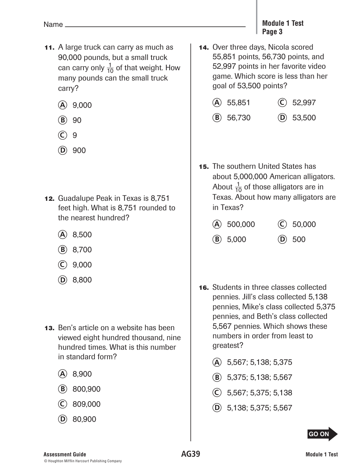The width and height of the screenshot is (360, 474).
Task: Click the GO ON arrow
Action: pyautogui.click(x=322, y=434)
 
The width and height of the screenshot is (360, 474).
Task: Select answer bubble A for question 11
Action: pyautogui.click(x=63, y=105)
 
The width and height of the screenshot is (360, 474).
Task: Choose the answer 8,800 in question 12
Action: pyautogui.click(x=82, y=280)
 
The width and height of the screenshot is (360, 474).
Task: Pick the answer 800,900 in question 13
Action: pyautogui.click(x=86, y=389)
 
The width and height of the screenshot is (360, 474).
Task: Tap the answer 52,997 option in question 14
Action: pyautogui.click(x=304, y=103)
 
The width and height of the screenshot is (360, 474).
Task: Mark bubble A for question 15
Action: pyautogui.click(x=217, y=224)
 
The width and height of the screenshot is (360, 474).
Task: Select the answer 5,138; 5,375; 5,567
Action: pyautogui.click(x=259, y=408)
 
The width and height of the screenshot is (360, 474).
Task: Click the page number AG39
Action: pyautogui.click(x=190, y=454)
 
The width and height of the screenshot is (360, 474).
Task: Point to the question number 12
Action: pyautogui.click(x=49, y=199)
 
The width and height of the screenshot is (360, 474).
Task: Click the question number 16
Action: pyautogui.click(x=204, y=288)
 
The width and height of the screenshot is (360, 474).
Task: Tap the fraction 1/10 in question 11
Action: pyautogui.click(x=110, y=68)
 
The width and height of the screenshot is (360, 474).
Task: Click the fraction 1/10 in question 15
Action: pyautogui.click(x=238, y=187)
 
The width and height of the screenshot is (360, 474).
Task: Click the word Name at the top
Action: pyautogui.click(x=53, y=25)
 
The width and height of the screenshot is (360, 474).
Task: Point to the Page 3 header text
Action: pyautogui.click(x=272, y=32)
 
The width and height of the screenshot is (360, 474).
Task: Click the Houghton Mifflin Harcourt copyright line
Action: pyautogui.click(x=83, y=461)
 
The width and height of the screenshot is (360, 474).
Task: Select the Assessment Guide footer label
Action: pyautogui.click(x=65, y=455)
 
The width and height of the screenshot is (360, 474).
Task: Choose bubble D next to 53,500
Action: pyautogui.click(x=282, y=118)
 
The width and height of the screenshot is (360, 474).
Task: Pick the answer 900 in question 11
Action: pyautogui.click(x=79, y=150)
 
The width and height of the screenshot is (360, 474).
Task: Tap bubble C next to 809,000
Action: pyautogui.click(x=63, y=404)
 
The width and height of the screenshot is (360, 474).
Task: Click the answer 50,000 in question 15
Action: pyautogui.click(x=304, y=224)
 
